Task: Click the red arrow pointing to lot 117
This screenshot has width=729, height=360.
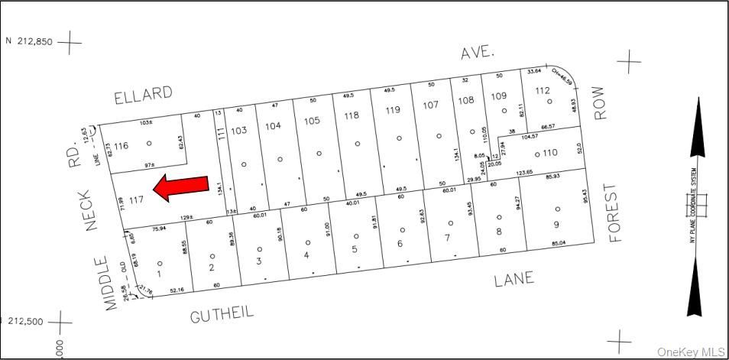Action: click(x=181, y=187)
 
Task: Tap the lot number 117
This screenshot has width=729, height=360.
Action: click(x=137, y=200)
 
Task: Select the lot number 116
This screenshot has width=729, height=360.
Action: click(x=121, y=145)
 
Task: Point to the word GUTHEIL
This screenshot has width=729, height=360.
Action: click(x=222, y=313)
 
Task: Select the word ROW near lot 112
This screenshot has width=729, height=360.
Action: click(x=600, y=107)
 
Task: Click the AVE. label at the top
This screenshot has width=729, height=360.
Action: click(x=478, y=52)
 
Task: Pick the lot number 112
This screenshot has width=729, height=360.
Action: click(x=543, y=91)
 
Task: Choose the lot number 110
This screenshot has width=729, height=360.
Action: click(x=550, y=153)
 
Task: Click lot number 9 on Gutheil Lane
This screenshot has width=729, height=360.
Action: click(x=556, y=224)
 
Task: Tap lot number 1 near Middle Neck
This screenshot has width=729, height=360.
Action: click(x=158, y=273)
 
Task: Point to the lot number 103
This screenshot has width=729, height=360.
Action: click(x=238, y=131)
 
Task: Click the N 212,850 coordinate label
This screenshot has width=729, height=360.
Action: click(x=29, y=42)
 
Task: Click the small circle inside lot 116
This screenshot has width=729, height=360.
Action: click(x=149, y=143)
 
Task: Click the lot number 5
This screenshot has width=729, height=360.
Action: click(x=355, y=249)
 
